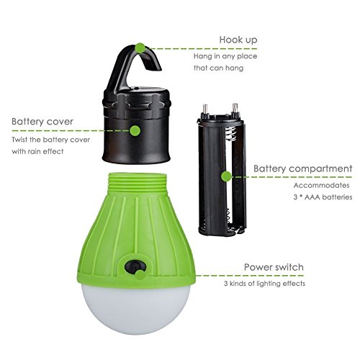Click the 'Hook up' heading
238,40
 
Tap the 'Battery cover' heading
42,122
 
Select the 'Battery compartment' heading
303,168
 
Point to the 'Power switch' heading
274,267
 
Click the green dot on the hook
140,48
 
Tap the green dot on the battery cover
135,131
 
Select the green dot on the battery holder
226,176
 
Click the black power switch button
135,267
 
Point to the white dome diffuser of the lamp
136,308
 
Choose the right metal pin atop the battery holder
235,110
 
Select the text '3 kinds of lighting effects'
264,284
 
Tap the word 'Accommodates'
321,185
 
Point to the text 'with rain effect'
37,152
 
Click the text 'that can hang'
218,68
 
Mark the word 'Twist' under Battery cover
19,140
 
